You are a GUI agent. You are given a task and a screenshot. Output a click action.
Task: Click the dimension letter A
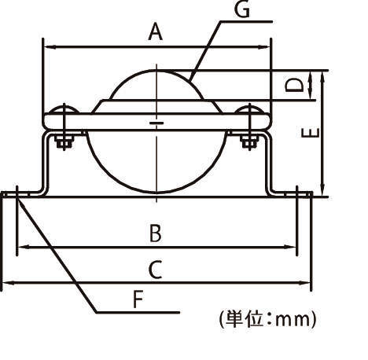click(x=155, y=32)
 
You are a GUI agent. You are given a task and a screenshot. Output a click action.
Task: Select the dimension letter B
click(x=156, y=233)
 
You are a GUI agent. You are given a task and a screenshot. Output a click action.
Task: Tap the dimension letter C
click(x=156, y=270)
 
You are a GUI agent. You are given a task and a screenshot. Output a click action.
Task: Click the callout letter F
click(x=138, y=299)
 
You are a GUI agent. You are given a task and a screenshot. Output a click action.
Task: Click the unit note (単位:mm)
click(x=267, y=319)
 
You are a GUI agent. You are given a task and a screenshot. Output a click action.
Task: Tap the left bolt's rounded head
click(x=64, y=110)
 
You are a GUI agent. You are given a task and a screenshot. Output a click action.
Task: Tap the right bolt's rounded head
click(x=250, y=110)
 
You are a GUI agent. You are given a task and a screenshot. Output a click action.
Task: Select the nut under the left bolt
click(x=64, y=142)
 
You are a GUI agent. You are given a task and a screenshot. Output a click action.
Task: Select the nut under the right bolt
click(x=250, y=142)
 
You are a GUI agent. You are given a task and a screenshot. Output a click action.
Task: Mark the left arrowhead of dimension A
click(x=46, y=47)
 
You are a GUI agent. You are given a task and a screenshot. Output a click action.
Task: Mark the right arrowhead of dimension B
click(x=294, y=248)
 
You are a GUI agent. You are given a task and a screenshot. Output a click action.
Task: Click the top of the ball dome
click(x=157, y=70)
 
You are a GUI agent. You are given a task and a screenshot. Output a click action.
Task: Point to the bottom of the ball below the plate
click(x=157, y=192)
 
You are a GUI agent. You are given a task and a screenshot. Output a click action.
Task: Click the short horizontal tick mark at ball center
click(x=156, y=123)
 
